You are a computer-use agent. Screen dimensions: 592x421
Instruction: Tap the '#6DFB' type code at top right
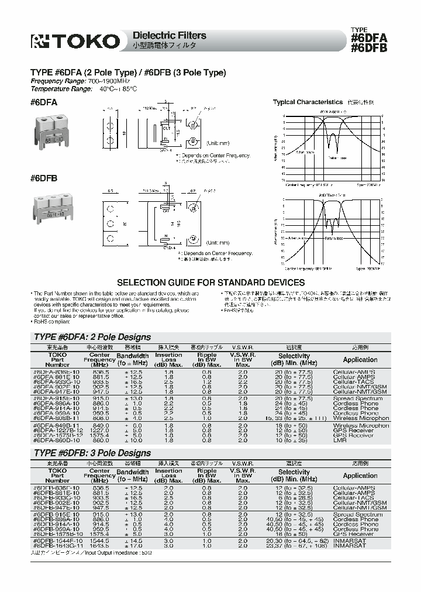(x=368, y=49)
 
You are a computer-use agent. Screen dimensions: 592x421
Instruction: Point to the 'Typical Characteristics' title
(x=308, y=102)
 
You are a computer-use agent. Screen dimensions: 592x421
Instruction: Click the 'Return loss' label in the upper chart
(x=338, y=158)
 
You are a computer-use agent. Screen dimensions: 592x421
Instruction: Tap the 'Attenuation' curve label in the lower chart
(x=298, y=238)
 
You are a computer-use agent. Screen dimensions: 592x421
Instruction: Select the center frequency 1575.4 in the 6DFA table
(x=100, y=435)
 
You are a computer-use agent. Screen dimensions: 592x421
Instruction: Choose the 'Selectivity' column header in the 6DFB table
(x=294, y=471)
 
